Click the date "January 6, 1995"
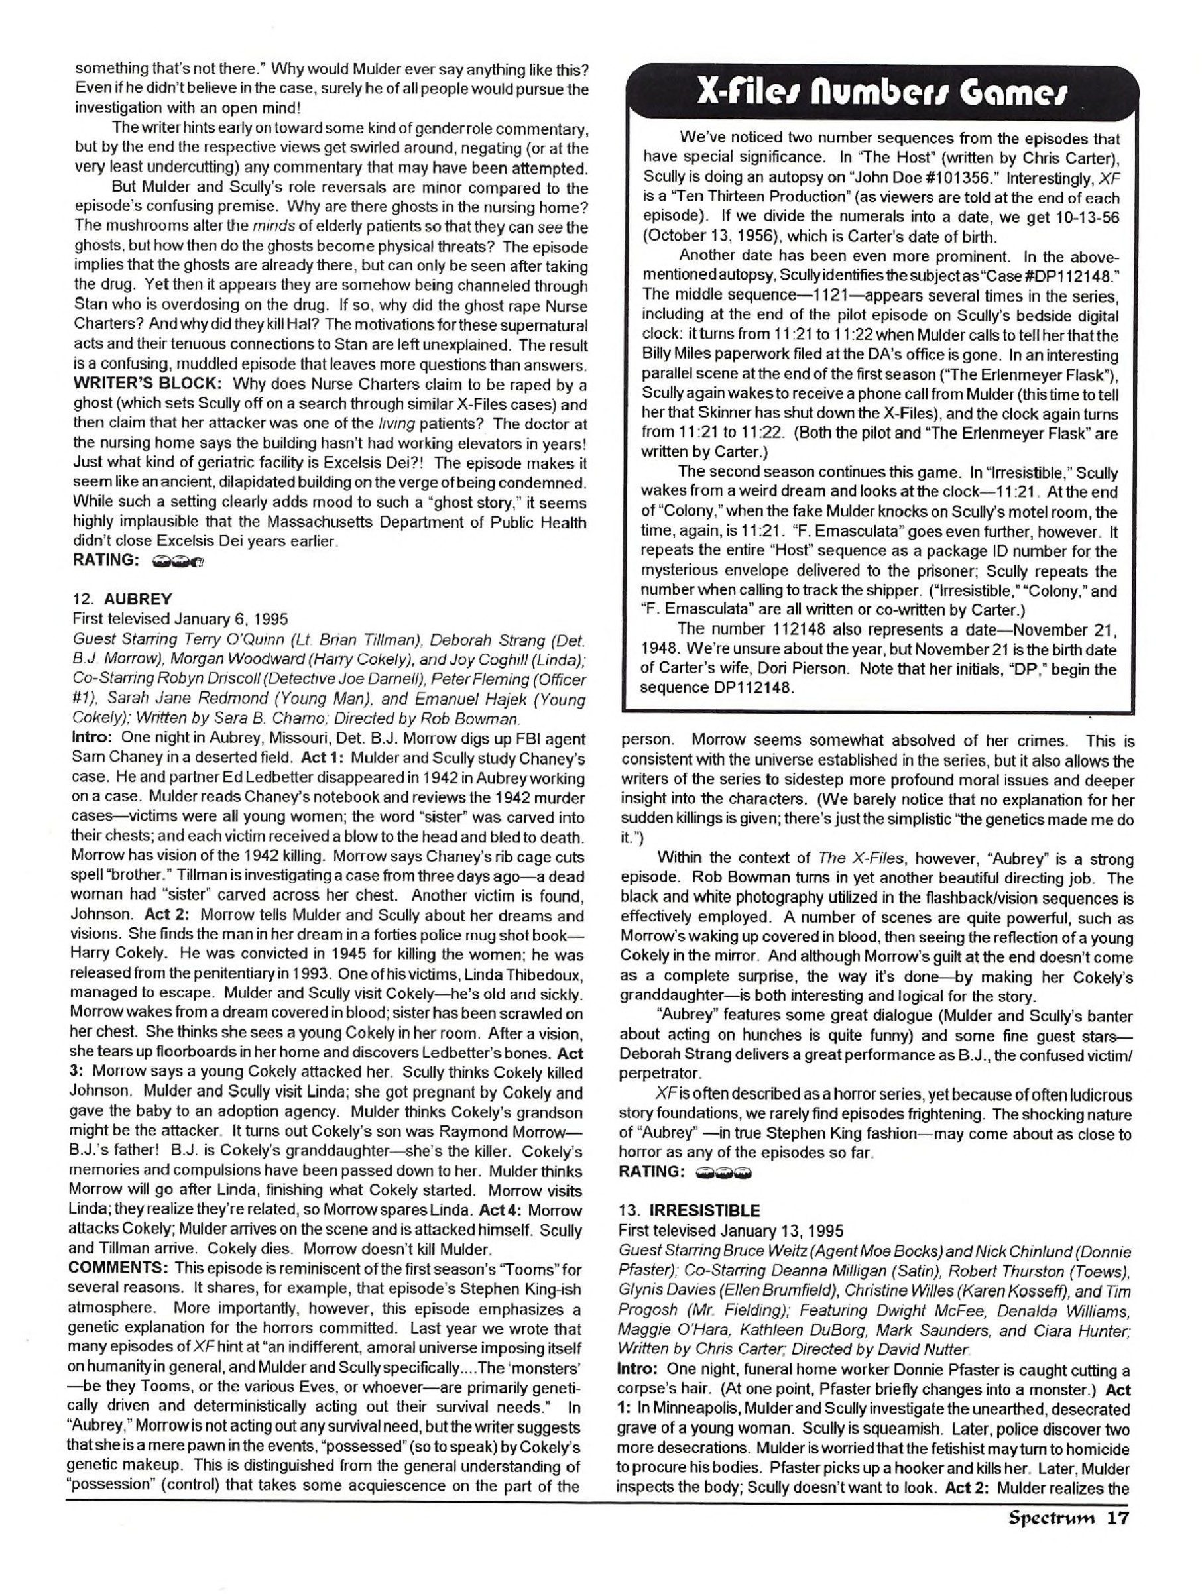(231, 618)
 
